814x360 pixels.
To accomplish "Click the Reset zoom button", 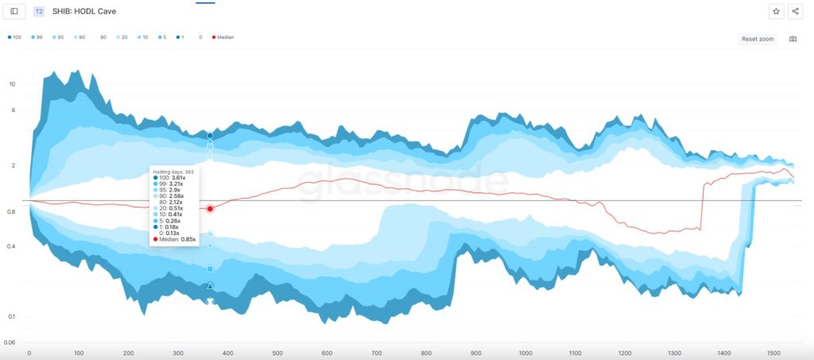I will click(757, 39).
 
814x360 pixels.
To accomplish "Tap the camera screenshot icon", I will click(793, 39).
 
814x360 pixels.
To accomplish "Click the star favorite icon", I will click(776, 11).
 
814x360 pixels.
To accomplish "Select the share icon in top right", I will click(796, 11).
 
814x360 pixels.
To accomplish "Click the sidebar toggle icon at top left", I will click(14, 11).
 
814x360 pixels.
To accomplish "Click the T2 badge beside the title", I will click(39, 12).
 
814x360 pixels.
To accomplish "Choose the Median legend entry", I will click(224, 37).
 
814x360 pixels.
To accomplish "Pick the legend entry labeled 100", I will click(14, 37).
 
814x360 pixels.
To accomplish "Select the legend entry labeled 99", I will click(37, 37).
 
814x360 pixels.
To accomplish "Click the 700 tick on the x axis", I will click(377, 353).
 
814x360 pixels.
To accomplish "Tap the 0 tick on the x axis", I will click(29, 353).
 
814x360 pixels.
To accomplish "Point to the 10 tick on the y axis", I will click(12, 83).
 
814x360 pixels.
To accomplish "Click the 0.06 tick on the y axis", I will click(10, 343).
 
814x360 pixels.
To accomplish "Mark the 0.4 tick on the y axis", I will click(11, 246).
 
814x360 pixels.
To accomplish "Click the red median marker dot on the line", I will click(210, 209).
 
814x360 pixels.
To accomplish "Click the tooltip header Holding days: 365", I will click(173, 171).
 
